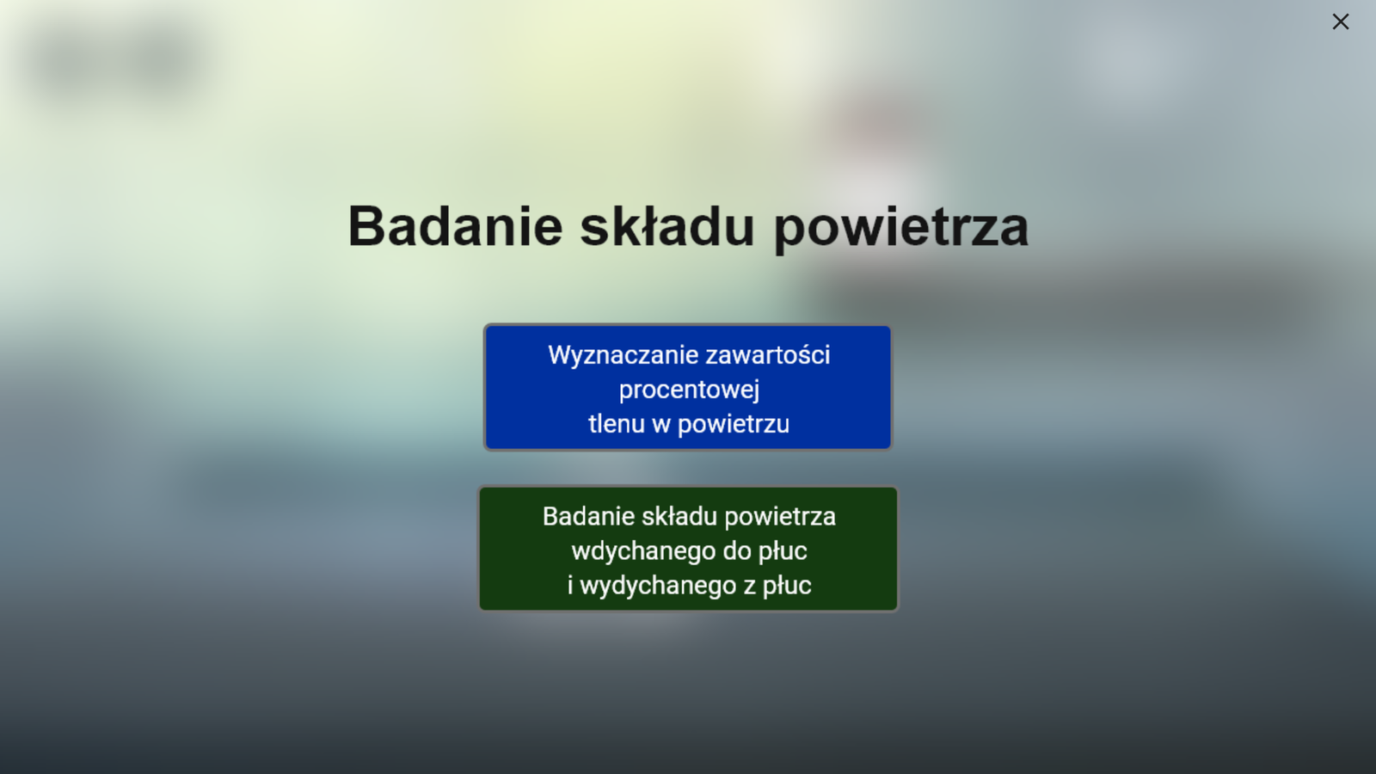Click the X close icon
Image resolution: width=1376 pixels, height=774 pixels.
click(x=1341, y=21)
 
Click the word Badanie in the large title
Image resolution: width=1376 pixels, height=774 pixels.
click(x=455, y=226)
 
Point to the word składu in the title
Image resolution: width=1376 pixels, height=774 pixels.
click(x=667, y=226)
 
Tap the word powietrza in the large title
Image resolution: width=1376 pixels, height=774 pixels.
click(x=901, y=229)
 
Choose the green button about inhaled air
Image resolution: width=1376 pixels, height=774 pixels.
click(x=688, y=549)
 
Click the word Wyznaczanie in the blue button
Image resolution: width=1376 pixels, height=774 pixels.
click(x=623, y=355)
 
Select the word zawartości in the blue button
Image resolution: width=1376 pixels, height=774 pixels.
click(x=768, y=354)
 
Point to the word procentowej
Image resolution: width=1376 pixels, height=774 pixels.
click(x=689, y=390)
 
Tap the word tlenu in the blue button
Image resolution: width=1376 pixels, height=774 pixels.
click(x=617, y=423)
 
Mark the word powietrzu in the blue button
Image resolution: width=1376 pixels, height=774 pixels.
click(x=734, y=425)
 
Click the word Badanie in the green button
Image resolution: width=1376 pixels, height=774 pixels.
click(x=588, y=516)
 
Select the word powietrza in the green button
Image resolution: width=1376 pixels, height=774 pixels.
click(x=780, y=517)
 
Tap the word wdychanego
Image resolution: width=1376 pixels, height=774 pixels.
click(x=643, y=551)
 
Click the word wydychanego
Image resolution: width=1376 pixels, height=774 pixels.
click(x=658, y=586)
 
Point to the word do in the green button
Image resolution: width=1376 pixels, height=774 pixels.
click(x=736, y=550)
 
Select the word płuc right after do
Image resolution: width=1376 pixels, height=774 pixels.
click(x=782, y=551)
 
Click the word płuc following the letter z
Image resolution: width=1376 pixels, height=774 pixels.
click(x=787, y=586)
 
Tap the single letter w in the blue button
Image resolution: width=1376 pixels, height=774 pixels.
click(x=661, y=425)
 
